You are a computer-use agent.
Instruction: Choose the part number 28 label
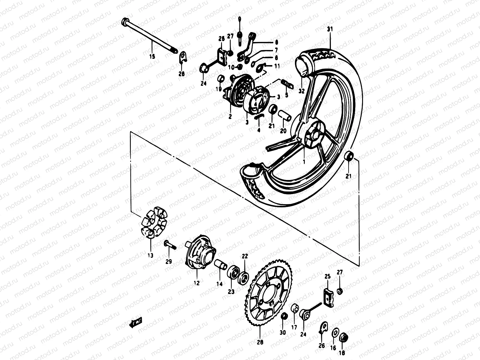260,342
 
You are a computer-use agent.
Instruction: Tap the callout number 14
220,284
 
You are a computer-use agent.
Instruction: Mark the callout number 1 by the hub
304,161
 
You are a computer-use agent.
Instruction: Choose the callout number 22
245,256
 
